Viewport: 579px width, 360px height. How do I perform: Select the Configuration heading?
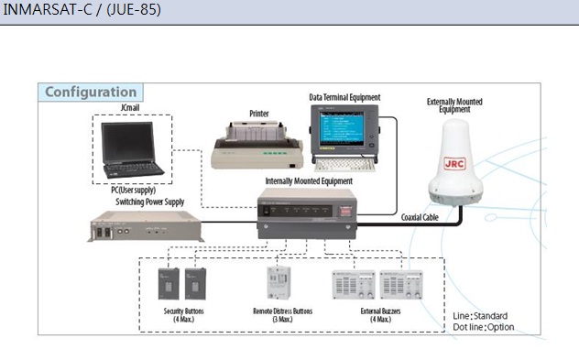coord(91,92)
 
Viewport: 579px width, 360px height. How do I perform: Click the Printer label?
coord(259,115)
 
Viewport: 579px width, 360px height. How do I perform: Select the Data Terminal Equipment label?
coord(344,97)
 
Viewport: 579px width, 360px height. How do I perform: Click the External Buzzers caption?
coord(380,315)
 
